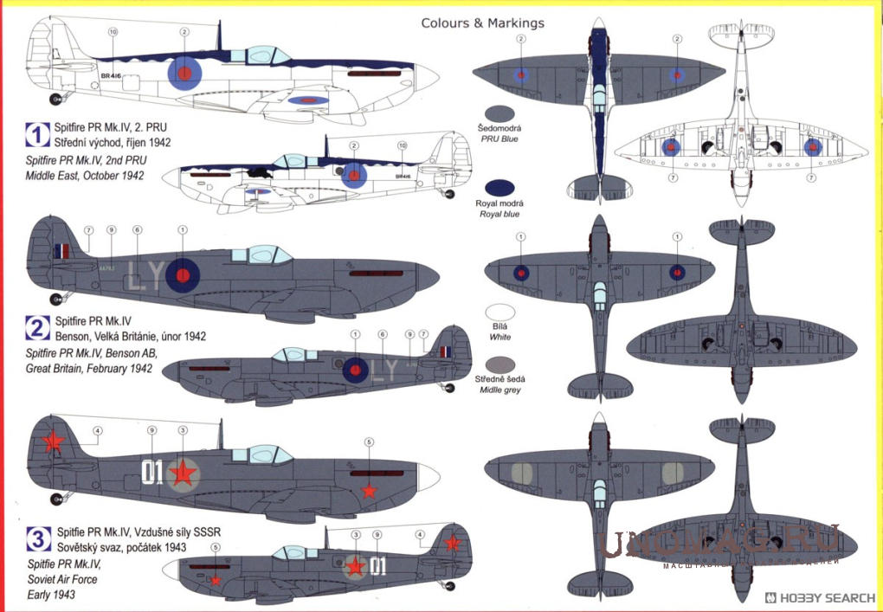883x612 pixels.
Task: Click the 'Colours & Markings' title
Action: point(483,23)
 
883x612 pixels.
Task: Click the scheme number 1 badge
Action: point(37,134)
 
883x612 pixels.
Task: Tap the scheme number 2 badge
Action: point(37,327)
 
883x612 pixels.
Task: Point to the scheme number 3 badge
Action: point(37,539)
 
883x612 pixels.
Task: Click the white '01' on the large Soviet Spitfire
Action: point(152,472)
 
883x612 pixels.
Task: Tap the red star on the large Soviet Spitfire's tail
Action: point(53,442)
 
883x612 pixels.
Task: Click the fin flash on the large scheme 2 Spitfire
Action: point(62,252)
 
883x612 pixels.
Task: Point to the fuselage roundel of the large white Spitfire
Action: point(184,74)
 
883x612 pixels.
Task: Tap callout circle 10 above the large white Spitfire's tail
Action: point(113,32)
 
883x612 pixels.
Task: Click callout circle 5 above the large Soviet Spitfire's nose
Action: point(369,442)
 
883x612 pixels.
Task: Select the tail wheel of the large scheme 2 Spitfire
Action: point(57,299)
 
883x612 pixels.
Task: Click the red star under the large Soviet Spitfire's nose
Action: point(370,492)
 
